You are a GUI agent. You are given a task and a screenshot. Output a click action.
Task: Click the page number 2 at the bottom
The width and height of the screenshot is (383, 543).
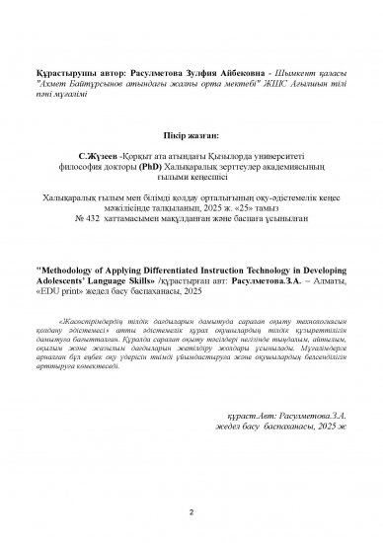coord(191,514)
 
